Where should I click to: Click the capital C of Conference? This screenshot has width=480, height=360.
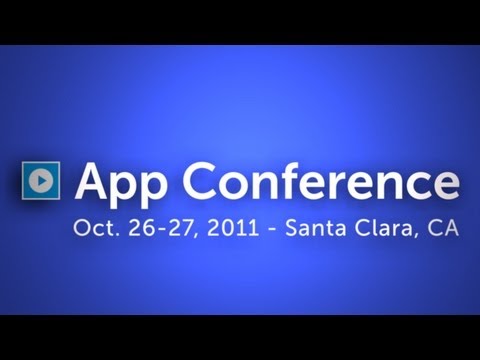[211, 181]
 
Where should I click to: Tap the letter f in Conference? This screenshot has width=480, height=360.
[306, 180]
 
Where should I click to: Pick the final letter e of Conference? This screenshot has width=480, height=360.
[446, 185]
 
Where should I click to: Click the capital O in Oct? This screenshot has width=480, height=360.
[80, 228]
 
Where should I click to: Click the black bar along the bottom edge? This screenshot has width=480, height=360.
[240, 337]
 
